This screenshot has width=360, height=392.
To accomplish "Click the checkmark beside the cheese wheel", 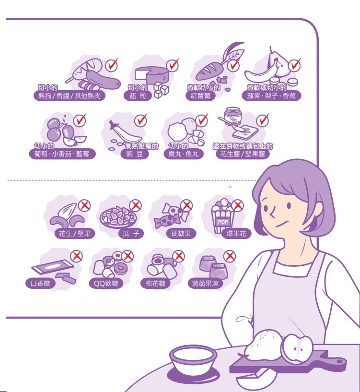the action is (173, 65).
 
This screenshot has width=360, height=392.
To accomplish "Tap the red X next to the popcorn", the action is (238, 205).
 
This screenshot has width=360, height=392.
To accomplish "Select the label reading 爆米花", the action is (236, 234).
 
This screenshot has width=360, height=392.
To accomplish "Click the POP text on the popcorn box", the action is (223, 222).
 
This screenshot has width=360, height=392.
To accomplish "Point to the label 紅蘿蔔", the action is (200, 96).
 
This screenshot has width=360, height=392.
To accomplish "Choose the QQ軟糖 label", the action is (106, 284).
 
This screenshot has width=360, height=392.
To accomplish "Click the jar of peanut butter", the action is (232, 116).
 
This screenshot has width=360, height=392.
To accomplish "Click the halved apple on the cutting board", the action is (297, 347).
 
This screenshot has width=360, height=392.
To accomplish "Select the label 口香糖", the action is (40, 284).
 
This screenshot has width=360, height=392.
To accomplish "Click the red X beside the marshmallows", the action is (179, 256).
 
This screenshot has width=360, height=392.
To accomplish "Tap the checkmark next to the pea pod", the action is (141, 120).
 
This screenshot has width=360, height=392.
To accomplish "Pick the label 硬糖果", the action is (181, 234).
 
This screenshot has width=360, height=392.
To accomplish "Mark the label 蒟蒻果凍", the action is (205, 284).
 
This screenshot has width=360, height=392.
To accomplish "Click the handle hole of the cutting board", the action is (340, 361).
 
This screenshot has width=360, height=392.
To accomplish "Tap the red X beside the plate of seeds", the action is (136, 205).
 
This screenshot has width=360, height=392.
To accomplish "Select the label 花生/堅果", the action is (75, 234).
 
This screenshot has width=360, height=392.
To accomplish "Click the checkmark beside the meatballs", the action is (202, 120).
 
